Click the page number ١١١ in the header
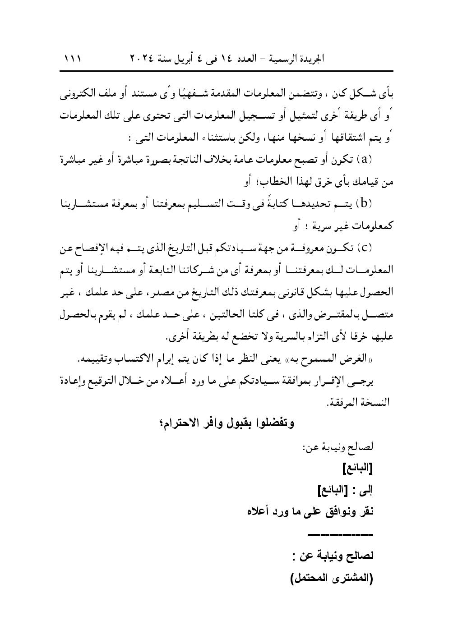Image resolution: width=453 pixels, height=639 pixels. (72, 59)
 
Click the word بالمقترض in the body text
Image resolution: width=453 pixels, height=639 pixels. (337, 315)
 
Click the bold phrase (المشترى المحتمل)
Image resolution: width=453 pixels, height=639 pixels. (332, 579)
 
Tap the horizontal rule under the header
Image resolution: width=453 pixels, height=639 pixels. (227, 70)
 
